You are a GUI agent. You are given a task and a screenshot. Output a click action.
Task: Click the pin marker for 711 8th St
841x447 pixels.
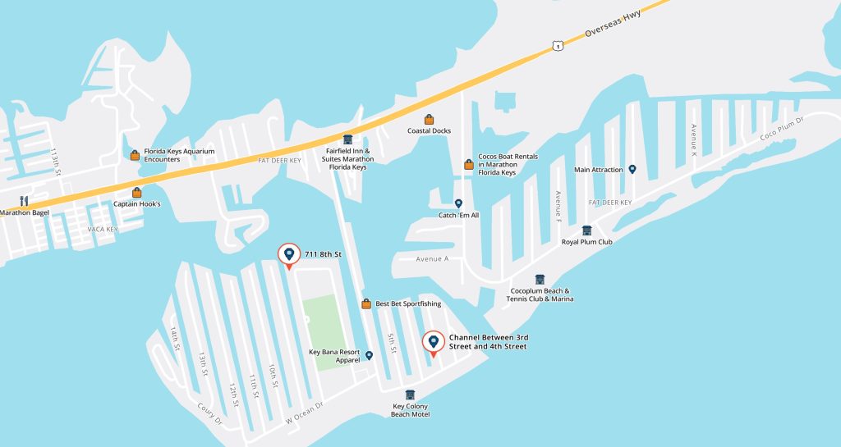288,255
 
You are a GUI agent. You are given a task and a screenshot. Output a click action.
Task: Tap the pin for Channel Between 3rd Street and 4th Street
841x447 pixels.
434,343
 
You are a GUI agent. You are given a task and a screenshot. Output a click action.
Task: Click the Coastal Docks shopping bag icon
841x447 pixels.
429,120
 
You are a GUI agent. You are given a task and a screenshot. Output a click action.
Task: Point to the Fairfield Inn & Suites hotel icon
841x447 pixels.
347,139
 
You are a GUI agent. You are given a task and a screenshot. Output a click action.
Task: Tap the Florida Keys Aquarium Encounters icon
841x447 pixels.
135,155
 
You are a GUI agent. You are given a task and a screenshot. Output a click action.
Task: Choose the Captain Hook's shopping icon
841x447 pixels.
137,193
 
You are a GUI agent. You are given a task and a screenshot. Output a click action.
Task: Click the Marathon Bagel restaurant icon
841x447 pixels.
24,201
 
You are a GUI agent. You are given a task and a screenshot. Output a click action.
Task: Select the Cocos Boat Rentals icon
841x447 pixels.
469,164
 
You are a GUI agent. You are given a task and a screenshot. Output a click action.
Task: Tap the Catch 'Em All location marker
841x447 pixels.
458,203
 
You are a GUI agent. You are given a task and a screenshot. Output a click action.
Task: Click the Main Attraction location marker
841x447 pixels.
632,170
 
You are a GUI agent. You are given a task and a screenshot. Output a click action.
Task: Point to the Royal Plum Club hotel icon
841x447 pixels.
586,230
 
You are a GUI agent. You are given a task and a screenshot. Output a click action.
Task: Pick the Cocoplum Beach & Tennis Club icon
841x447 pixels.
540,280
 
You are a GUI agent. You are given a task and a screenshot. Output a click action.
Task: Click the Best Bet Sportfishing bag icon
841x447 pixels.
366,304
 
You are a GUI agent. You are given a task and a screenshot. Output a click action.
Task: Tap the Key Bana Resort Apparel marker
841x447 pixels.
369,355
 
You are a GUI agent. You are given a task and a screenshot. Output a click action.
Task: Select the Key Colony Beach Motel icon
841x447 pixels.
410,395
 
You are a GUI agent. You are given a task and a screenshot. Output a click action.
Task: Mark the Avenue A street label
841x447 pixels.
433,259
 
